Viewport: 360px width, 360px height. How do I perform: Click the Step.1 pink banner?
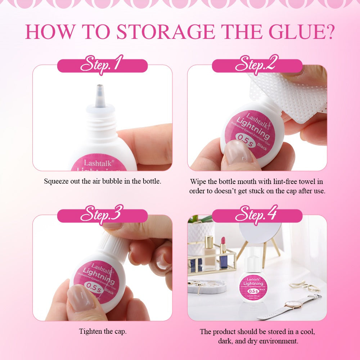pyautogui.click(x=102, y=66)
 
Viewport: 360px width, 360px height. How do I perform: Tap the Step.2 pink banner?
pyautogui.click(x=257, y=66)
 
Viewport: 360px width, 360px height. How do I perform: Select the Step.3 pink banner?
pyautogui.click(x=102, y=216)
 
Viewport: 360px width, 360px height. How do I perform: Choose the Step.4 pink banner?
pyautogui.click(x=257, y=216)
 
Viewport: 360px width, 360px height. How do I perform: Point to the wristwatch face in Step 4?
pyautogui.click(x=290, y=305)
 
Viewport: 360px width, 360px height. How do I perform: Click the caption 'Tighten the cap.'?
pyautogui.click(x=103, y=331)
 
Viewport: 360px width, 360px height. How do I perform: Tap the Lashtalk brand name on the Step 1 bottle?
pyautogui.click(x=94, y=163)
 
